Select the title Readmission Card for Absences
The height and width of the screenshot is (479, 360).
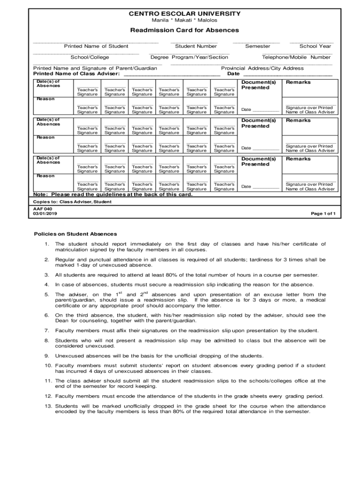pyautogui.click(x=184, y=30)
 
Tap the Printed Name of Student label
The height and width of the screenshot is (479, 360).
pyautogui.click(x=96, y=46)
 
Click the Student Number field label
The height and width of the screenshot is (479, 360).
pyautogui.click(x=196, y=46)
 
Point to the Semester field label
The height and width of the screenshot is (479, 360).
pyautogui.click(x=258, y=46)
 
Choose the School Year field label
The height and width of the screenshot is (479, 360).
pyautogui.click(x=315, y=46)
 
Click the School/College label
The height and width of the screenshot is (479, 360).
pyautogui.click(x=90, y=58)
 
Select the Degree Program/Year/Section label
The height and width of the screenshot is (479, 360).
pyautogui.click(x=189, y=58)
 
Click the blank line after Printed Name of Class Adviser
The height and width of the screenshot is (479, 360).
pyautogui.click(x=171, y=74)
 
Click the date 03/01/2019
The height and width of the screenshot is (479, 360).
pyautogui.click(x=45, y=214)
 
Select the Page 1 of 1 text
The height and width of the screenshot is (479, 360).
pyautogui.click(x=323, y=214)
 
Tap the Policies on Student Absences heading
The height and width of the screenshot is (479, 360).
pyautogui.click(x=75, y=234)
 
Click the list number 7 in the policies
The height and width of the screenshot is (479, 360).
pyautogui.click(x=47, y=330)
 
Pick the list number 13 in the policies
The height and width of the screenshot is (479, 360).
pyautogui.click(x=48, y=406)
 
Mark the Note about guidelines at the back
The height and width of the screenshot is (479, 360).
pyautogui.click(x=112, y=194)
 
